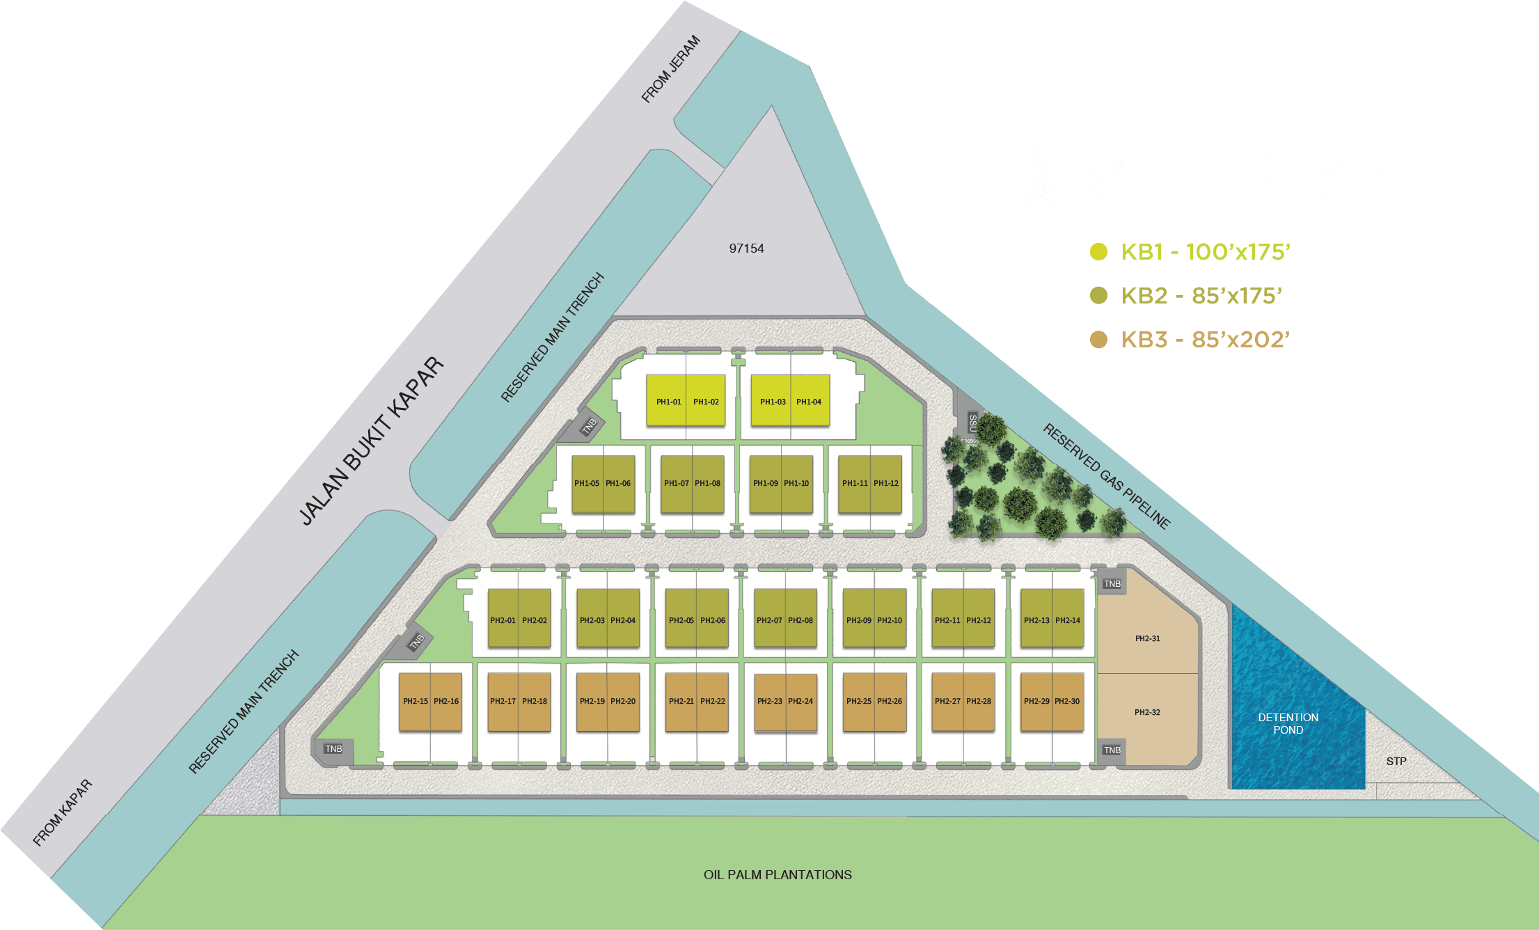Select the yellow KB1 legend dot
(x=1098, y=251)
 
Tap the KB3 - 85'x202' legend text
(x=1205, y=340)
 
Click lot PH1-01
(x=668, y=402)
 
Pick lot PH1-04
(x=810, y=402)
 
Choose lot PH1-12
(x=886, y=483)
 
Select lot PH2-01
(x=503, y=620)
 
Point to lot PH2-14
(x=1068, y=620)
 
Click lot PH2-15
(x=415, y=701)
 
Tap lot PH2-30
(x=1067, y=701)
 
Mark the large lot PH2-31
(x=1148, y=638)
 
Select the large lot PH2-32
(x=1148, y=712)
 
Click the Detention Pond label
(x=1288, y=723)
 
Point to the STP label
(x=1396, y=761)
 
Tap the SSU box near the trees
(x=972, y=423)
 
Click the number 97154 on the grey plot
(x=746, y=249)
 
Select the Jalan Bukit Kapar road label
(x=371, y=441)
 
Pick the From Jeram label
(x=670, y=69)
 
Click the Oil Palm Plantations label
(x=778, y=875)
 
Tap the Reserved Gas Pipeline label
(x=1106, y=476)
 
